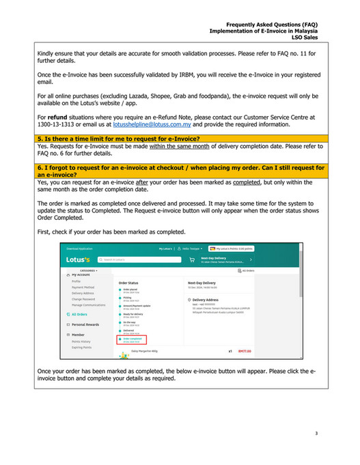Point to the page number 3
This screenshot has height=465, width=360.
pyautogui.click(x=316, y=433)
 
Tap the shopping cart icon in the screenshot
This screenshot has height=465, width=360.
pyautogui.click(x=192, y=259)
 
